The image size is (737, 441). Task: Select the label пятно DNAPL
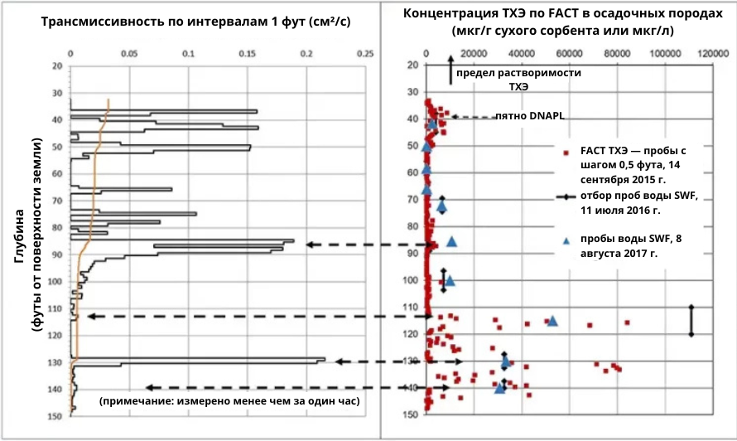(529, 117)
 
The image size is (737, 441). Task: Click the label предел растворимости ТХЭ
(518, 80)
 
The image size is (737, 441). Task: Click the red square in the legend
(566, 153)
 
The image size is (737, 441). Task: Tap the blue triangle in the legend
(566, 240)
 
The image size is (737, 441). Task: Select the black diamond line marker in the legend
(566, 196)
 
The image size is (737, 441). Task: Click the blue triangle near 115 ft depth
(552, 321)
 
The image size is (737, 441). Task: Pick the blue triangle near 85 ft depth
(452, 241)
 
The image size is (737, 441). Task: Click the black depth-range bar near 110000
(691, 321)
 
